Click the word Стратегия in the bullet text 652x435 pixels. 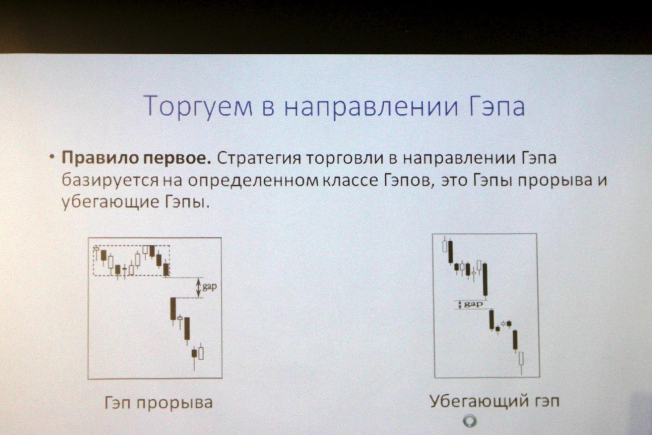tap(259, 159)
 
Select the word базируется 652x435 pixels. tap(110, 181)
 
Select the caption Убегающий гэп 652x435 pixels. tap(494, 401)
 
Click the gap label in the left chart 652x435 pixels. tap(210, 287)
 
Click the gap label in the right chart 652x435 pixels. tap(473, 304)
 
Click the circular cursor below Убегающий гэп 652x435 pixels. tap(470, 421)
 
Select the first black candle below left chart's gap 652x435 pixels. tap(173, 308)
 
